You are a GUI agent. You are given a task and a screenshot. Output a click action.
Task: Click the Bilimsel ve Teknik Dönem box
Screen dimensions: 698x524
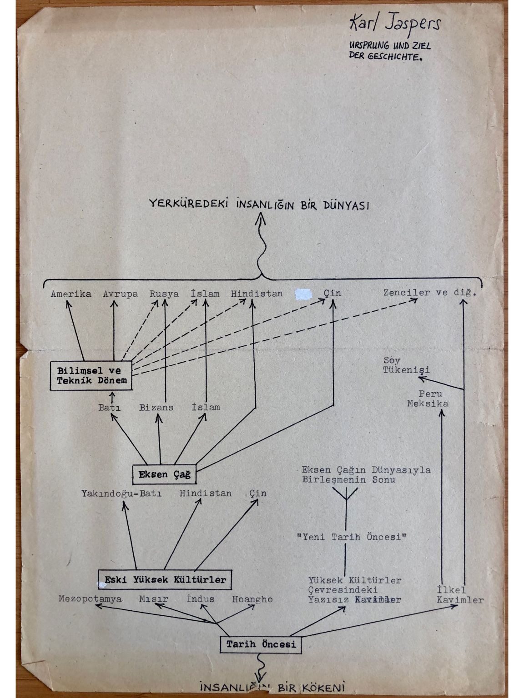coord(91,376)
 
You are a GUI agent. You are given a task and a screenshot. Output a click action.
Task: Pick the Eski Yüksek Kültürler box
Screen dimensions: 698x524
coord(165,580)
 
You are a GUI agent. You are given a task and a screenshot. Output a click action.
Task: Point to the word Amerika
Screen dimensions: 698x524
coord(71,294)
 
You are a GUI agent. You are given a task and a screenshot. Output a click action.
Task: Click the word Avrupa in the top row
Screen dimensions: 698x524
coord(120,294)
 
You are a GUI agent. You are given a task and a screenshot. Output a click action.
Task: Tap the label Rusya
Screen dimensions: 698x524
coord(164,294)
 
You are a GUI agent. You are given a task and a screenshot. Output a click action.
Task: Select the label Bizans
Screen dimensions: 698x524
coord(156,408)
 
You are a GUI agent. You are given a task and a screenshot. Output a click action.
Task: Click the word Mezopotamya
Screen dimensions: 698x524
coord(90,599)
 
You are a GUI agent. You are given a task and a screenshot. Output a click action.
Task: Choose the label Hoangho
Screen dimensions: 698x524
coord(252,599)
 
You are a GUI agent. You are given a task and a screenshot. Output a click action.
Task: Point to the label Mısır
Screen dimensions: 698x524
coord(154,599)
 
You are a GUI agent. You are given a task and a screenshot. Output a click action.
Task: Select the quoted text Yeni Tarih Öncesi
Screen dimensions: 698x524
coord(351,537)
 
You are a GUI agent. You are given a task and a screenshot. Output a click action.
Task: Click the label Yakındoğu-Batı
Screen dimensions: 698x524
coord(121,494)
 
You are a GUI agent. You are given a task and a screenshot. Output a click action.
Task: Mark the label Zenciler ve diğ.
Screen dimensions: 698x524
coord(429,293)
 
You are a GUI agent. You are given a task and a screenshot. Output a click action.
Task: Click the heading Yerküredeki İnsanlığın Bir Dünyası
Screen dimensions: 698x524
coord(259,204)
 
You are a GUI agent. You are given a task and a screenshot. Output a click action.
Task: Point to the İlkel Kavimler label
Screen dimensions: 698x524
coord(459,595)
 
